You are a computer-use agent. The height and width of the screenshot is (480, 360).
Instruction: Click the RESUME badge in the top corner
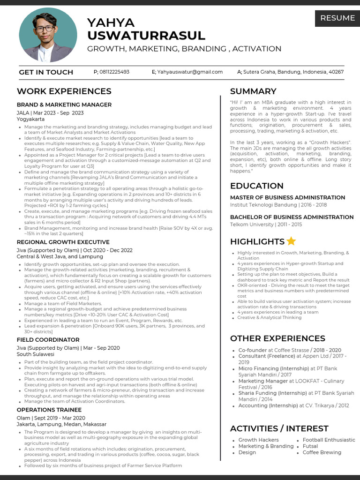tap(337, 18)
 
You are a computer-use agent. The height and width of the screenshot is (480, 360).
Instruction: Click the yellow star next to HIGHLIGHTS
tap(291, 241)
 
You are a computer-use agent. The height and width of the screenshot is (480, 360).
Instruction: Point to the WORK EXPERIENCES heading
tap(64, 91)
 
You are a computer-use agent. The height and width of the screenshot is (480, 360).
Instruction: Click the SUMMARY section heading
tap(253, 91)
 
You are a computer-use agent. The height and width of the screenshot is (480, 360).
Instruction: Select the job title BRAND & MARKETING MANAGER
tap(64, 105)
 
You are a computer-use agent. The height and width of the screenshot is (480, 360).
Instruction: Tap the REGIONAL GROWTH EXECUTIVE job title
tap(63, 242)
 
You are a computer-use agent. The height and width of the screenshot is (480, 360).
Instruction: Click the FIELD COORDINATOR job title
tap(48, 339)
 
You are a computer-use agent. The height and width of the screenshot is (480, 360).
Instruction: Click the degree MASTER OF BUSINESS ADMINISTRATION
tap(287, 197)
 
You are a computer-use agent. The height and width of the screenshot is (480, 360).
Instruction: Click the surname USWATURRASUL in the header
tap(146, 36)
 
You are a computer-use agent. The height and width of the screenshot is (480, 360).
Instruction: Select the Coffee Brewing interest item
tap(322, 452)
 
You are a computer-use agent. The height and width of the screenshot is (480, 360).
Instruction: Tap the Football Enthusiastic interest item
tap(329, 440)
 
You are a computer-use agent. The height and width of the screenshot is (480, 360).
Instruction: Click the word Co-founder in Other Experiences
tap(253, 350)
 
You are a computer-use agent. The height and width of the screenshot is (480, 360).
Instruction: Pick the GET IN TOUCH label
tap(46, 72)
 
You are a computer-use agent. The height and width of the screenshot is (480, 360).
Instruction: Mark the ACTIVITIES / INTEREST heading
tap(279, 428)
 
